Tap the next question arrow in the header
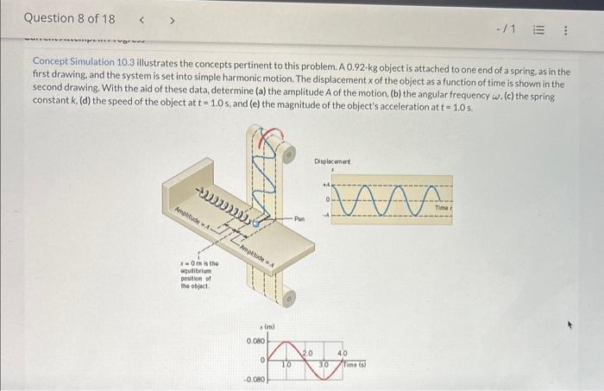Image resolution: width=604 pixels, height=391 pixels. [171, 18]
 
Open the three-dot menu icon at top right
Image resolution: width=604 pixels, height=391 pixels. [566, 30]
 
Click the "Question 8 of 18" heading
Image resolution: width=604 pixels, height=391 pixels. [69, 18]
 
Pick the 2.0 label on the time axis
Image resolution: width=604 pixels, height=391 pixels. [308, 353]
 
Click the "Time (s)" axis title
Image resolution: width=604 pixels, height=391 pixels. [351, 365]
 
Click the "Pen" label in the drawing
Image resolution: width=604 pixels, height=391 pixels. [300, 220]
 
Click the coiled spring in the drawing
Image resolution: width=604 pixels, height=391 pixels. [225, 205]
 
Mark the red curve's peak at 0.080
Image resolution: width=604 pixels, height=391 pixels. [292, 342]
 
